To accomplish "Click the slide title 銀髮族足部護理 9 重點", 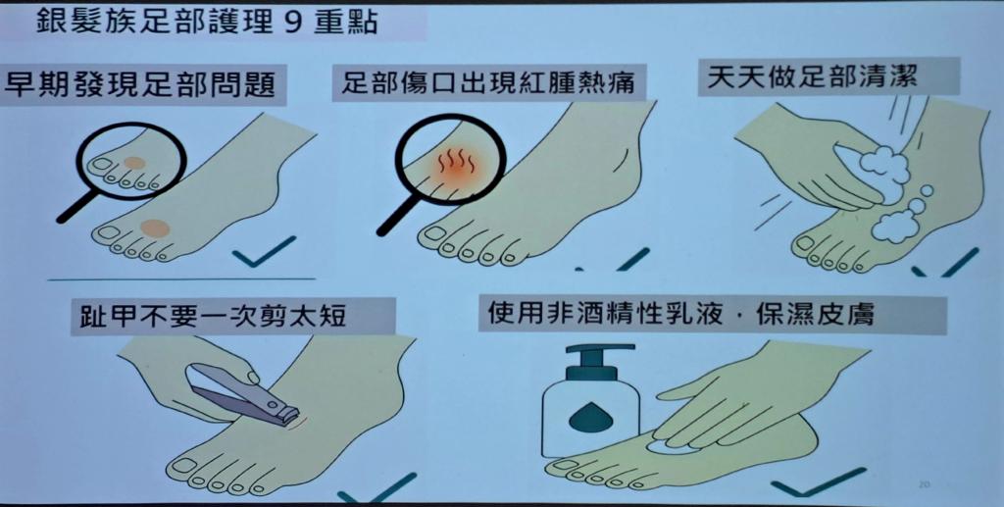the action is (x=207, y=23).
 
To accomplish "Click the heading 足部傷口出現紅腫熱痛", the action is (x=487, y=83).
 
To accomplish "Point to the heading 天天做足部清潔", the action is (x=812, y=76).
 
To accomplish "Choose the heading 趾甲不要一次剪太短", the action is (x=213, y=316).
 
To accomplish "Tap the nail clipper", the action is (x=246, y=394).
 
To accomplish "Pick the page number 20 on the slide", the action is (x=924, y=484).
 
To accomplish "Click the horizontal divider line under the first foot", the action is (x=181, y=279).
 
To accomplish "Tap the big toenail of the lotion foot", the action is (x=560, y=465).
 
